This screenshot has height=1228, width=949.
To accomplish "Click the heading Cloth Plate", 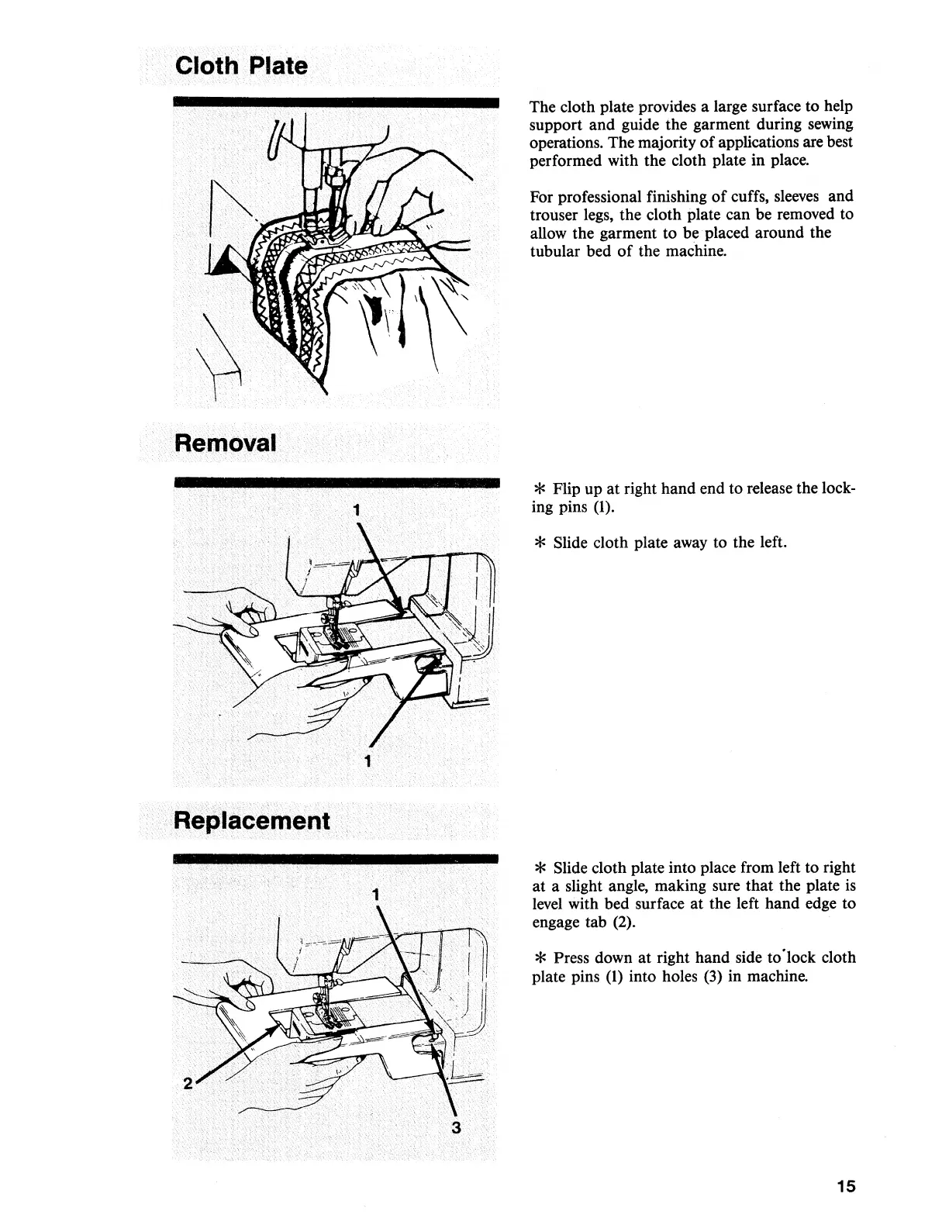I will point(241,65).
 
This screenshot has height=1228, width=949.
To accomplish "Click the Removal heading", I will point(226,443).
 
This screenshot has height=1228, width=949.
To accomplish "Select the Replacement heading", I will point(253,820).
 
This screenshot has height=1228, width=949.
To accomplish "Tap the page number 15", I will point(846,1186).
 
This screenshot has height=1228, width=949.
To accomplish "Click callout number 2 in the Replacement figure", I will point(187,1084).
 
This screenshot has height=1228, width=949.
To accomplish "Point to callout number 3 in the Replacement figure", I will point(456,1128).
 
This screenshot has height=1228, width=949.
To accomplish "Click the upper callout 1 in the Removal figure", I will point(355,510).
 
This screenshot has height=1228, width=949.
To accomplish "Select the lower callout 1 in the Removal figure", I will point(368,761).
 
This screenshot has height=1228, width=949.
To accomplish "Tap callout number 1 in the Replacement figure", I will point(375,895).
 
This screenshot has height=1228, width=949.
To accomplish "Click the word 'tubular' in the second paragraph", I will point(554,251).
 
